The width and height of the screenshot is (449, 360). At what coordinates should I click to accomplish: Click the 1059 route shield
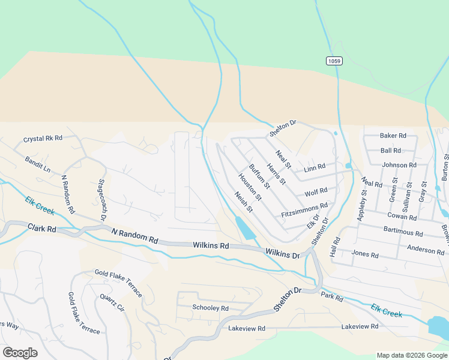tap(334, 61)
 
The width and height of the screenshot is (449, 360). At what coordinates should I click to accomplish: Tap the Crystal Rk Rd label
tap(43, 139)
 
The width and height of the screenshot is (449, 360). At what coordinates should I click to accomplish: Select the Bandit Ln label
tap(38, 164)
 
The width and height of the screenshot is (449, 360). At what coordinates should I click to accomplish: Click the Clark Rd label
tap(41, 229)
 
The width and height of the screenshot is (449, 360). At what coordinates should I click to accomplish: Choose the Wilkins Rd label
tap(211, 245)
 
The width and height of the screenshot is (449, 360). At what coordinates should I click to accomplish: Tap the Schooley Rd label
tap(210, 308)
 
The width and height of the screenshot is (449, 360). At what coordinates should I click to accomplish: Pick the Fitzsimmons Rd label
tap(304, 210)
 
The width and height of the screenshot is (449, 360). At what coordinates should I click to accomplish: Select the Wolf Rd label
tap(316, 192)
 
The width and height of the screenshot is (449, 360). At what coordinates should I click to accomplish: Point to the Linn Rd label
tap(315, 167)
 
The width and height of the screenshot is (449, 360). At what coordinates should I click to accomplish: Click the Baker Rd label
tap(393, 136)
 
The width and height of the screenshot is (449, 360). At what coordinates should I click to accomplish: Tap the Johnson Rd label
tap(399, 165)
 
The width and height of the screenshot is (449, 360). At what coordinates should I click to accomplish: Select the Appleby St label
tap(361, 206)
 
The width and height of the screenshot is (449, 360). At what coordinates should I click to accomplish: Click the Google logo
tap(20, 353)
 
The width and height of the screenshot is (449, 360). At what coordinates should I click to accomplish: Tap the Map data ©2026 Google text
tap(411, 355)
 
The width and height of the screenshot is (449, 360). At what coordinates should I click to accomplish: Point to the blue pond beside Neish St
tap(245, 229)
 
